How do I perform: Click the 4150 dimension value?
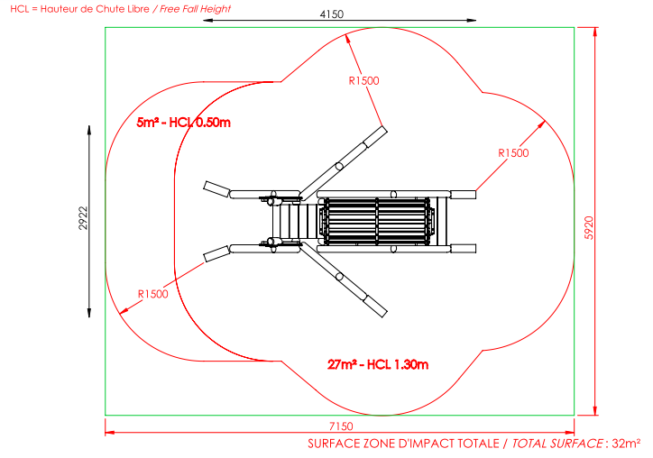point(332,14)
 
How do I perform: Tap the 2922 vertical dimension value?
point(83,218)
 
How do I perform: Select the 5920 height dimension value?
point(589,228)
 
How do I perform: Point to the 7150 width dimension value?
point(341,426)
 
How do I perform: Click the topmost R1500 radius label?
point(364,81)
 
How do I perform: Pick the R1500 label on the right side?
point(513,153)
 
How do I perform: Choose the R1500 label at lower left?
point(152,294)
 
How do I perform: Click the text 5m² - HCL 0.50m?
point(184,123)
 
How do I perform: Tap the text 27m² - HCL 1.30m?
point(378,365)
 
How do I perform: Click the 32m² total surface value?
point(626,444)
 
